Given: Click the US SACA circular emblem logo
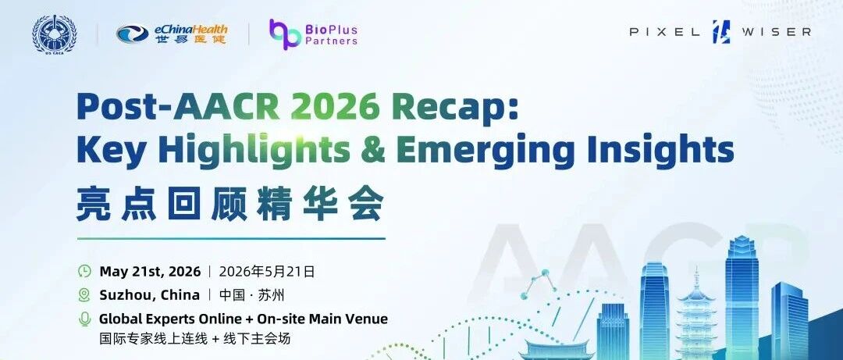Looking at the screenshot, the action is (55, 34).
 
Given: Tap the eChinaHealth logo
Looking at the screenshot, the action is (172, 34).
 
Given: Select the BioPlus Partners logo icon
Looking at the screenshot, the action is (285, 34).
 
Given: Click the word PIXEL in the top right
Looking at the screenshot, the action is (664, 32).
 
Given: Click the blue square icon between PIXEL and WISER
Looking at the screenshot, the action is (721, 32).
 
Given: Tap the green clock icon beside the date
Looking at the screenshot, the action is (84, 271).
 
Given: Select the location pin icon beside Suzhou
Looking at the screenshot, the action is (84, 295).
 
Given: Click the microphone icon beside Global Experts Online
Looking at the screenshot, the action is (84, 319).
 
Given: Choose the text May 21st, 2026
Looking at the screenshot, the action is (150, 271).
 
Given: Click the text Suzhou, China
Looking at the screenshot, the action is (149, 295).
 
